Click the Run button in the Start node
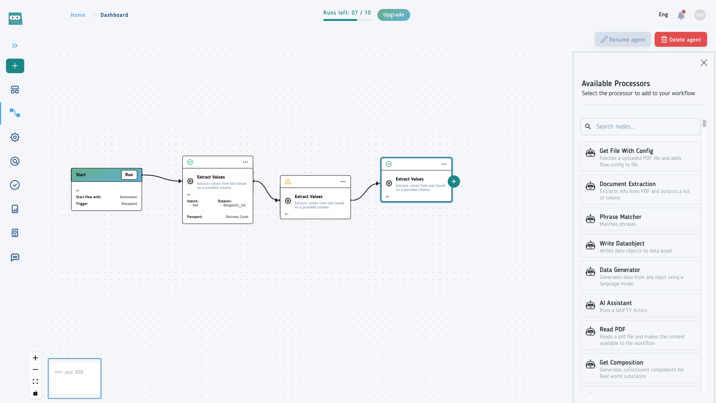click(129, 175)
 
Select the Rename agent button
click(623, 40)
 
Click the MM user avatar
click(700, 15)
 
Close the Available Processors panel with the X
click(704, 63)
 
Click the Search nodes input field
click(640, 126)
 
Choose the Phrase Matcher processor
click(640, 219)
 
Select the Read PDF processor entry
click(640, 335)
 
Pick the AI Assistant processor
click(640, 306)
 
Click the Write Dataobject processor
click(640, 246)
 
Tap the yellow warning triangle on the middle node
click(288, 182)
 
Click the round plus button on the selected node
click(454, 182)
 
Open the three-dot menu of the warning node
click(343, 182)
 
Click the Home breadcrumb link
click(78, 15)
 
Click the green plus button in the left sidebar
click(15, 66)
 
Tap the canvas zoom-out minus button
click(35, 370)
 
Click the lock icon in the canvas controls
click(35, 393)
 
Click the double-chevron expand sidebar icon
click(15, 46)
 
